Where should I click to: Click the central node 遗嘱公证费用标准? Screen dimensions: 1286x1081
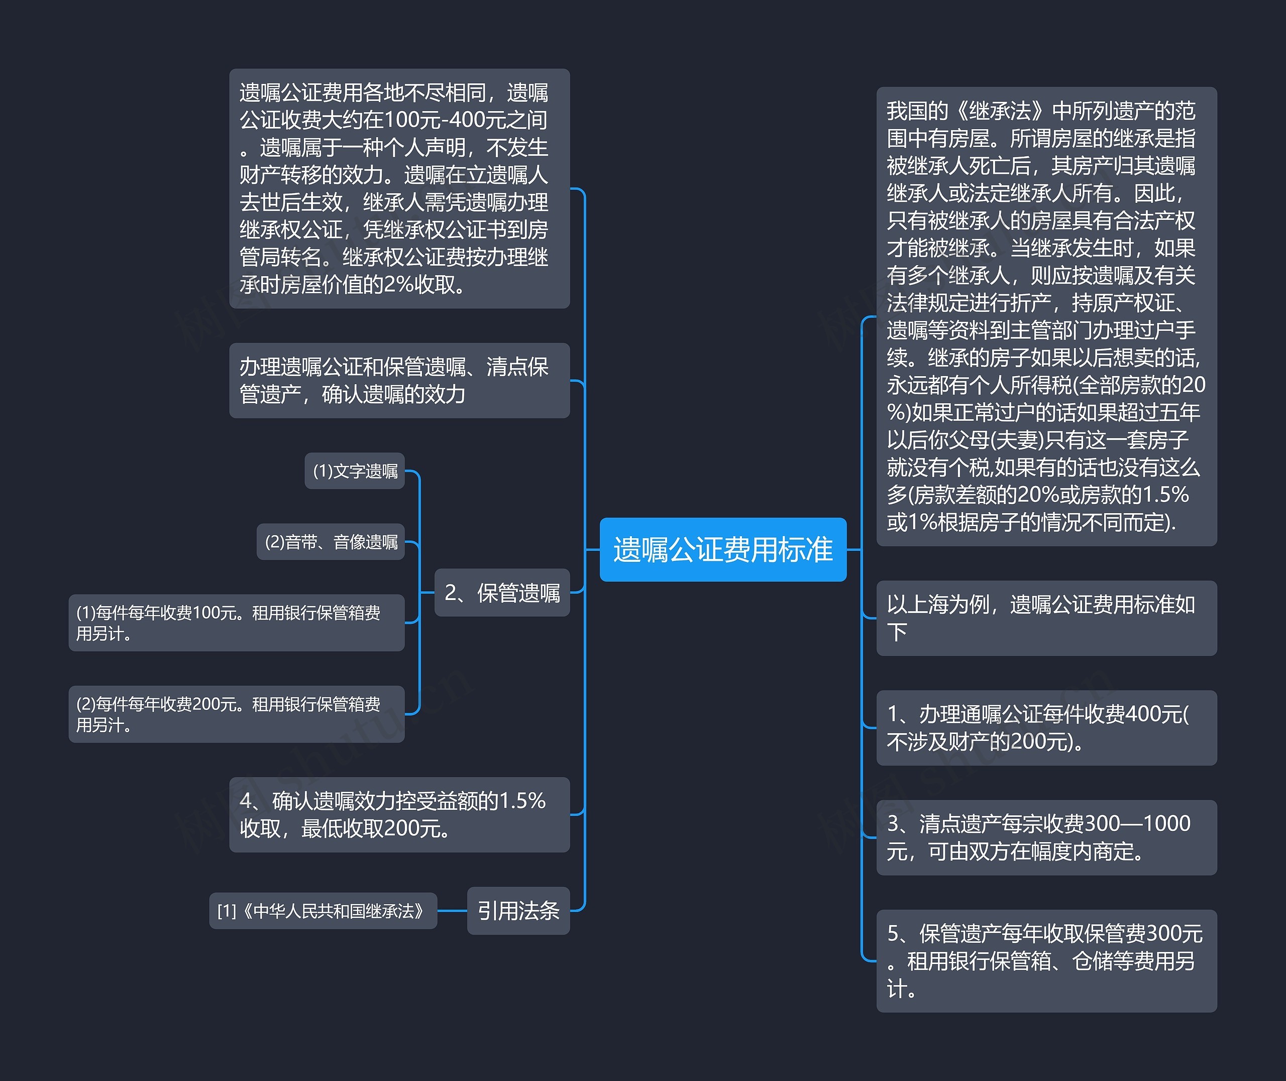[x=723, y=549]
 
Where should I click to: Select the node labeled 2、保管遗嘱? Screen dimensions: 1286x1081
[x=501, y=592]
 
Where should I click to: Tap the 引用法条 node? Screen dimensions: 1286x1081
[x=518, y=911]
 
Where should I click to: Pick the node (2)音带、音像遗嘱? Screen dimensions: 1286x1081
[x=331, y=542]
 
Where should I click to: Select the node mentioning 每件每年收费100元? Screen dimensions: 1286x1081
[x=236, y=623]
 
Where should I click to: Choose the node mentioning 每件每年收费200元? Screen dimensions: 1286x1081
[x=236, y=714]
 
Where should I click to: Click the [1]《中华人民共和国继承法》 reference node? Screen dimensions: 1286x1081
[x=323, y=911]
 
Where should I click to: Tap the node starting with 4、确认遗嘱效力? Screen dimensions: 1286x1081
[x=399, y=814]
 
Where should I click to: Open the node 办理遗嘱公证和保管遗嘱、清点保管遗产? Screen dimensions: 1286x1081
[x=399, y=381]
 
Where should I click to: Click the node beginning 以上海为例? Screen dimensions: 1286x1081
[x=1046, y=618]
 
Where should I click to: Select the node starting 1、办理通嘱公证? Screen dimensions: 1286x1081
[x=1046, y=728]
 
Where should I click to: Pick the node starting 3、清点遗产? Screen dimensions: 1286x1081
[x=1046, y=837]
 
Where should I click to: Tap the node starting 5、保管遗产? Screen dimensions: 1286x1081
[x=1046, y=961]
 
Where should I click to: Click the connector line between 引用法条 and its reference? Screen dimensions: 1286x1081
[x=453, y=911]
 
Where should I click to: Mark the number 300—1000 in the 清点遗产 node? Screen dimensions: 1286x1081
[x=1137, y=823]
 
